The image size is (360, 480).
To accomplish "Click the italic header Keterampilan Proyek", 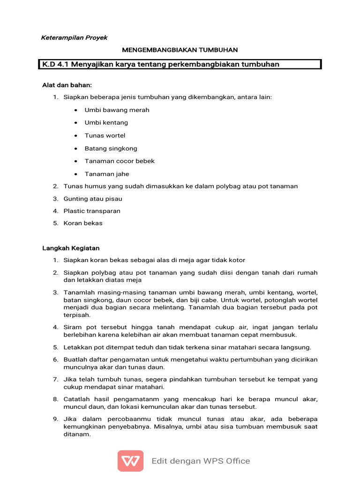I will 75,37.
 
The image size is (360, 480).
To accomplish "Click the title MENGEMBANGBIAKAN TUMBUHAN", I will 180,50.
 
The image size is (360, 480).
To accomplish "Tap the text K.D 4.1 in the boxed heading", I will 55,64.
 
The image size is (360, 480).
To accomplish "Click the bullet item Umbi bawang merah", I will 117,110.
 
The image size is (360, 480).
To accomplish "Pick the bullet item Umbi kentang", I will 106,123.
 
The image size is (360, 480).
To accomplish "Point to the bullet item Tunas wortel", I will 105,135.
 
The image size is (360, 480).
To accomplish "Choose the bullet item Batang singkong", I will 111,148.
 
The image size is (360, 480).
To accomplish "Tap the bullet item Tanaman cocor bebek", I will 120,161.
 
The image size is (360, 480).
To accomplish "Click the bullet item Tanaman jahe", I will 106,174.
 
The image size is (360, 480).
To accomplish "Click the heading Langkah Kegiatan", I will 71,248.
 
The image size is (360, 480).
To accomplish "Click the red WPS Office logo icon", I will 130,461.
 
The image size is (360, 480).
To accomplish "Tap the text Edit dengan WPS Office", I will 201,461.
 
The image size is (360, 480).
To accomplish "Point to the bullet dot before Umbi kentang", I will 75,123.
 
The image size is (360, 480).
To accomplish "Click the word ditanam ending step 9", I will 76,435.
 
